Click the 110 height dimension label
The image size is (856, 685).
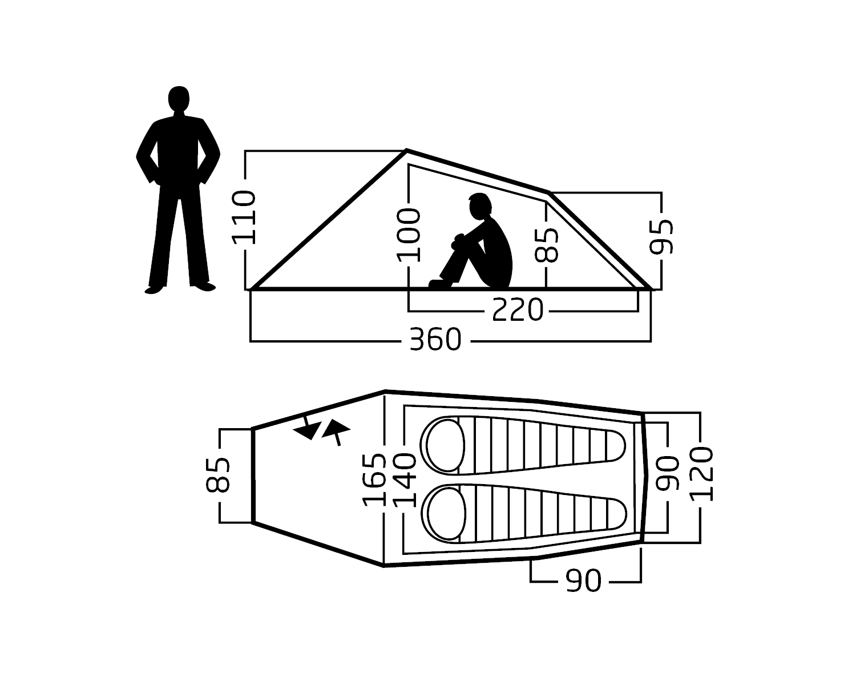[x=244, y=217]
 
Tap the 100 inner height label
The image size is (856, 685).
[x=409, y=235]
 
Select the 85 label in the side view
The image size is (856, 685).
[x=547, y=245]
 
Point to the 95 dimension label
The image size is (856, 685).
[x=661, y=237]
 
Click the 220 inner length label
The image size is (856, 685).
[x=518, y=309]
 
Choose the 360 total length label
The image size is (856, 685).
[x=435, y=340]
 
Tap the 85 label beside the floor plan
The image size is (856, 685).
[x=218, y=476]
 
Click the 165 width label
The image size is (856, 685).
[x=374, y=480]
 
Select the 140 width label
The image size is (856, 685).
[x=405, y=480]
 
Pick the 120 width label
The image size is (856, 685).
[x=701, y=474]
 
